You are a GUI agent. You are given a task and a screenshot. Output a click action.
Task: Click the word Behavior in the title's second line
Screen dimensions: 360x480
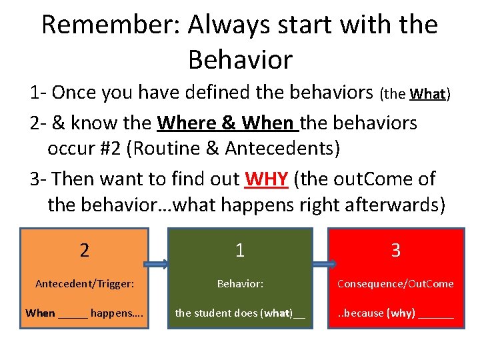coord(240,59)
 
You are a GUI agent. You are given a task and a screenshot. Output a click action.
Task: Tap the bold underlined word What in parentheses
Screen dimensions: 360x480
coord(427,94)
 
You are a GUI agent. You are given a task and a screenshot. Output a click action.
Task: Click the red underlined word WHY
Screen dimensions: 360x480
coord(266,179)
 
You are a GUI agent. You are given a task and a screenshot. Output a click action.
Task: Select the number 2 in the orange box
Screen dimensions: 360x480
coord(84,251)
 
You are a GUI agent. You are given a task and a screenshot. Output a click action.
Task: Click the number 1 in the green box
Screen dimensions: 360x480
coord(240,251)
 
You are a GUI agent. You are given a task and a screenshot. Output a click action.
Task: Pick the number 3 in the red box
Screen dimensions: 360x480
coord(395,251)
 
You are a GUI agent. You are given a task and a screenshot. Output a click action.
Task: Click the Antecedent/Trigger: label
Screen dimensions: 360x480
coord(85,284)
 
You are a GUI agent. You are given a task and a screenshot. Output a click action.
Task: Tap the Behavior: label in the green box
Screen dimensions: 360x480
coord(240,284)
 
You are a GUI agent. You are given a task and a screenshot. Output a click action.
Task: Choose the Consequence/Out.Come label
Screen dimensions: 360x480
coord(395,284)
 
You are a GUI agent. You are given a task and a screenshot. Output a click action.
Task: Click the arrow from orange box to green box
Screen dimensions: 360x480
coord(158,264)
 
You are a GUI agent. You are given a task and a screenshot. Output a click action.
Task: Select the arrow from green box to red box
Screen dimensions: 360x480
coord(321,264)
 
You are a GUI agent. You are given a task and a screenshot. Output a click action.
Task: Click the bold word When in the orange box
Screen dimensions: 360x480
coord(40,313)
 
